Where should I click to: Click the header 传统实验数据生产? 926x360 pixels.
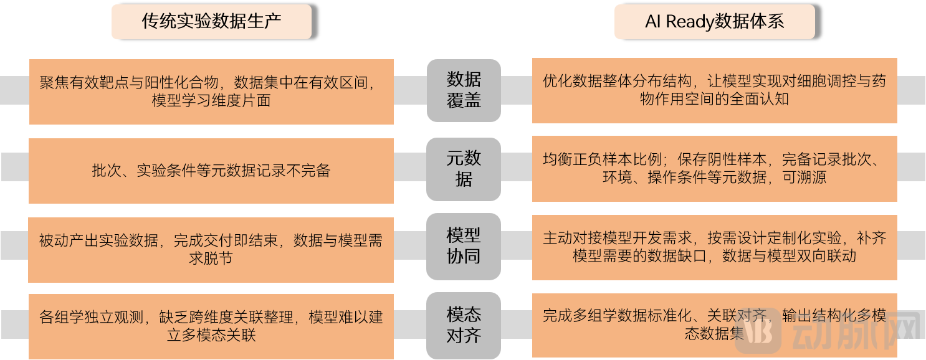[x=211, y=22]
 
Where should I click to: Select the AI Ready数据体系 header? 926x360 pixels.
[x=714, y=22]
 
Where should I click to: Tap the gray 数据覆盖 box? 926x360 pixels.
[x=464, y=90]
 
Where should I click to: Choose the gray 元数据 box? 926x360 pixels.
[x=464, y=169]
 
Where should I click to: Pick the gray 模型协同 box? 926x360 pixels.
[x=464, y=247]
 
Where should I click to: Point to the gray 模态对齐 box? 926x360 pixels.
[x=464, y=325]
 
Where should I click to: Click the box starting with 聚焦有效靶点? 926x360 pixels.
[x=211, y=92]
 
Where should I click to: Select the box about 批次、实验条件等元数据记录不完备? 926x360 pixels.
[x=211, y=171]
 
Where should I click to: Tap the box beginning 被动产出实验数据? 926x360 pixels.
[x=211, y=250]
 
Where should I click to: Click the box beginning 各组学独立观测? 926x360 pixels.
[x=211, y=326]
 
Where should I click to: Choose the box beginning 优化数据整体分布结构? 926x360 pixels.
[x=714, y=90]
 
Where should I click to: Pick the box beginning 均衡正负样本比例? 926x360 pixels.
[x=714, y=169]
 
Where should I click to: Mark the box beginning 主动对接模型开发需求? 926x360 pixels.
[x=714, y=247]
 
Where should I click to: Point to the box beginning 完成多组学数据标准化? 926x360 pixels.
[x=714, y=325]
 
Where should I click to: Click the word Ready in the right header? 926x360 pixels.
[x=690, y=22]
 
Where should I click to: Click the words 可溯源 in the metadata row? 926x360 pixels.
[x=804, y=178]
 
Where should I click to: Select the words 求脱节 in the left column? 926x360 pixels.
[x=211, y=258]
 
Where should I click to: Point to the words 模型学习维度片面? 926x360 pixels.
[x=211, y=100]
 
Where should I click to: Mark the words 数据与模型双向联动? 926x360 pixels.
[x=789, y=256]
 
